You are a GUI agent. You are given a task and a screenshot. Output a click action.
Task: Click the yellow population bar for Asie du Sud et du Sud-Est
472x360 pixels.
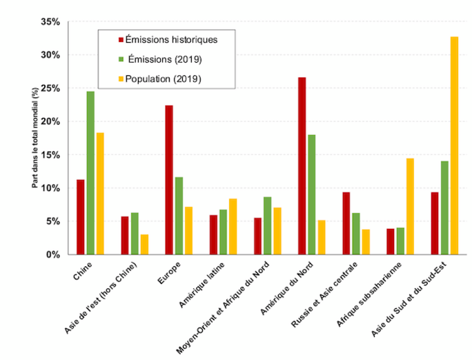tap(454, 146)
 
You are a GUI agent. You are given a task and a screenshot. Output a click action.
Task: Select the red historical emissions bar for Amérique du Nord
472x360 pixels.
tap(302, 166)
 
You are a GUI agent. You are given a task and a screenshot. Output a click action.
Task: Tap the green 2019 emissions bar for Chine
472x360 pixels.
tap(90, 173)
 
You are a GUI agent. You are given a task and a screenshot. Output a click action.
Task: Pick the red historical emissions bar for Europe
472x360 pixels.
tap(169, 180)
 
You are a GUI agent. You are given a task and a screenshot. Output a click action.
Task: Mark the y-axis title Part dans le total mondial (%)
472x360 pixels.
tap(35, 139)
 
